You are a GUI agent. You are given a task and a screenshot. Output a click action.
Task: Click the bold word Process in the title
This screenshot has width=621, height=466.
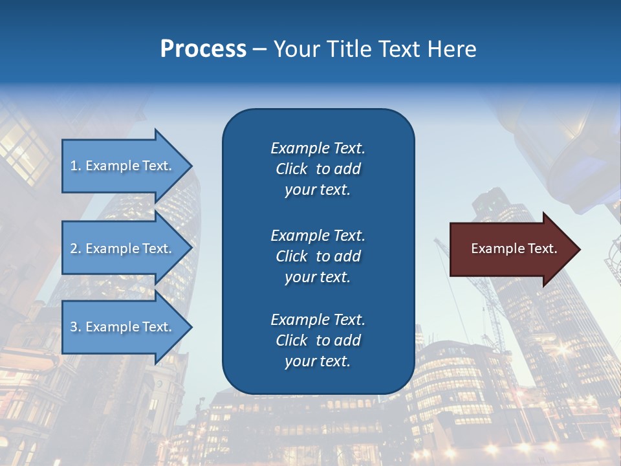(x=203, y=49)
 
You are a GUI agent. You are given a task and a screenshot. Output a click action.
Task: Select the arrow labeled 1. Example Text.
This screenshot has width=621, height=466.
(x=123, y=166)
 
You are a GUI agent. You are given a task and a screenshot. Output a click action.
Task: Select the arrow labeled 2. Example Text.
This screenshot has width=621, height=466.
(x=123, y=249)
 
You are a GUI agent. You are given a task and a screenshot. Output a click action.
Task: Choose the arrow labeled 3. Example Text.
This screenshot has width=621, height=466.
(x=123, y=327)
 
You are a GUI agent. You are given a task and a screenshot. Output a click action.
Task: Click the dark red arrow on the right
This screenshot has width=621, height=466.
(x=511, y=249)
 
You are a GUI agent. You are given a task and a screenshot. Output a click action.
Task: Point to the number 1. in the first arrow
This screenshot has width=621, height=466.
(x=76, y=166)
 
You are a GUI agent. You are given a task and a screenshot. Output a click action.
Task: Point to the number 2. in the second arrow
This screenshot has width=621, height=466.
(x=76, y=249)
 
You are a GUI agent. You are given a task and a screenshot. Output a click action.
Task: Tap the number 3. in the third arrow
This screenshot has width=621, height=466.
(x=76, y=327)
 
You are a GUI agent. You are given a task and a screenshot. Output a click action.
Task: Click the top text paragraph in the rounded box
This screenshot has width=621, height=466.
(x=318, y=169)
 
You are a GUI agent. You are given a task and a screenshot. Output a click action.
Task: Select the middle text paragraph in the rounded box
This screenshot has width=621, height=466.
(x=318, y=256)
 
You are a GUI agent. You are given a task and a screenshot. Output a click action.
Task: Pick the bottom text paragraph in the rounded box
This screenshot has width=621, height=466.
(x=318, y=340)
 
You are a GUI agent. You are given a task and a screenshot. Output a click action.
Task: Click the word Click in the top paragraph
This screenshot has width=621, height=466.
(x=291, y=169)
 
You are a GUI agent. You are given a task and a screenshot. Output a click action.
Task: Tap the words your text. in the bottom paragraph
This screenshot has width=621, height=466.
(x=318, y=361)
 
